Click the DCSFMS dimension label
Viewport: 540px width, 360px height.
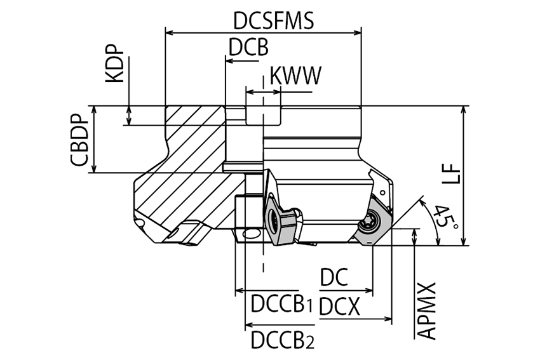point(273,20)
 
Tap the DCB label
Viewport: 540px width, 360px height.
point(248,48)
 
